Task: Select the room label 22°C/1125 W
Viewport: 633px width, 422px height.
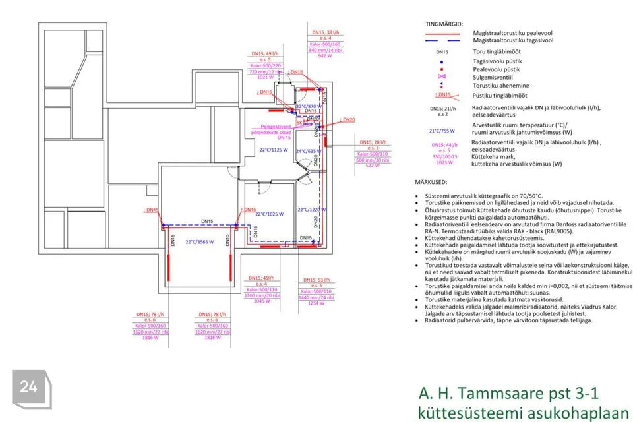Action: point(273,150)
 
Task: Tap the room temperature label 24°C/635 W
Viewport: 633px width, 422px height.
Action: point(307,151)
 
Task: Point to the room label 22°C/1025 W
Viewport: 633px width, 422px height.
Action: point(270,214)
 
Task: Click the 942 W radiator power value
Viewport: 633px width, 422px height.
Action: point(324,56)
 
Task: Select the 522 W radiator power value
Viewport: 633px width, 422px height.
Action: point(373,166)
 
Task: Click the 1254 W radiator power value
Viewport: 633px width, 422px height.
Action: point(316,303)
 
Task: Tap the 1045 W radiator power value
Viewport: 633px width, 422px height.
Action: point(262,301)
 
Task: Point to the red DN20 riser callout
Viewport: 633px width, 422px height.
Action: point(348,119)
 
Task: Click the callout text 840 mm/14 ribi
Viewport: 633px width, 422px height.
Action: point(324,50)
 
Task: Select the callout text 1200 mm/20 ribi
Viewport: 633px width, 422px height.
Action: point(262,296)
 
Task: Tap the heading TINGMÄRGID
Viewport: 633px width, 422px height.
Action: point(442,24)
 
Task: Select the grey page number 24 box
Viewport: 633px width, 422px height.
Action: point(28,387)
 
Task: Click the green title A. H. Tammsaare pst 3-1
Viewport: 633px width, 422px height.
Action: point(508,394)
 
